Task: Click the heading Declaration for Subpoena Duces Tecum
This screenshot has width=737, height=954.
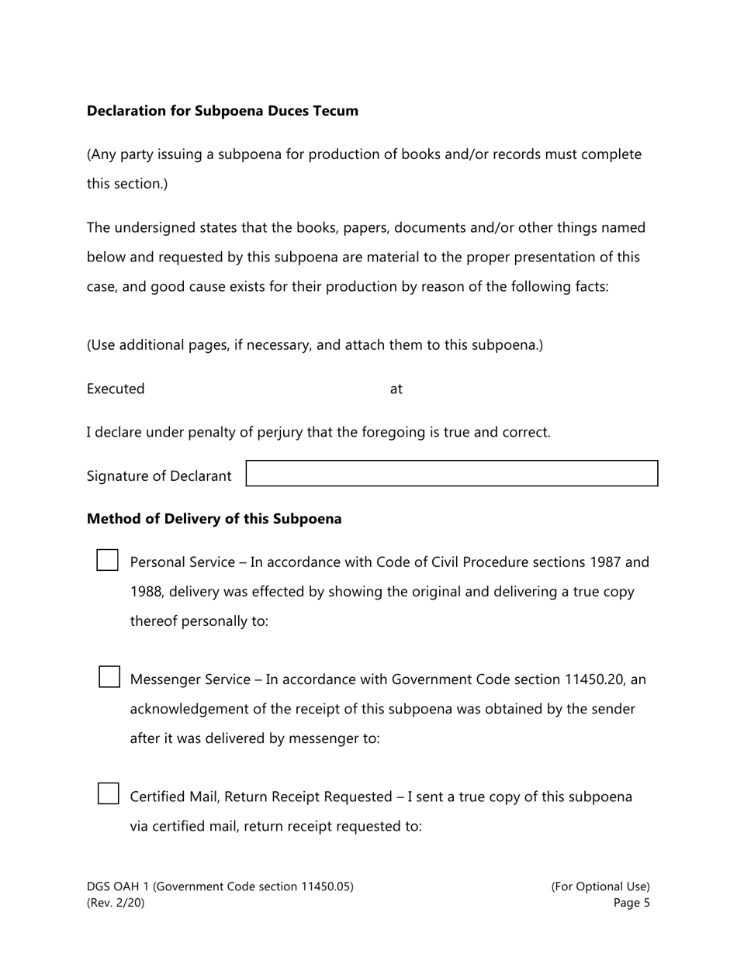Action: [x=223, y=111]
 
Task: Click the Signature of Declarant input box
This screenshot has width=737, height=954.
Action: [x=452, y=474]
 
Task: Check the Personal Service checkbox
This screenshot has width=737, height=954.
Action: [x=107, y=561]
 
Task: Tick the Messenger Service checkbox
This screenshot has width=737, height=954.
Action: [x=109, y=677]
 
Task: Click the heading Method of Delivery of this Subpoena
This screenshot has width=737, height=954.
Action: [x=214, y=519]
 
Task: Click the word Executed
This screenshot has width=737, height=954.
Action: [x=116, y=389]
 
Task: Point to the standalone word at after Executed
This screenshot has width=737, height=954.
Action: [x=396, y=389]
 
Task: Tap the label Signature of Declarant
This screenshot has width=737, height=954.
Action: [x=159, y=476]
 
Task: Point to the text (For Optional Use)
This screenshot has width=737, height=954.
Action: [x=600, y=887]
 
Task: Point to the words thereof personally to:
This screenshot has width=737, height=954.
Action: [x=199, y=621]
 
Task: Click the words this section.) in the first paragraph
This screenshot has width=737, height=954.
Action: [x=127, y=184]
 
